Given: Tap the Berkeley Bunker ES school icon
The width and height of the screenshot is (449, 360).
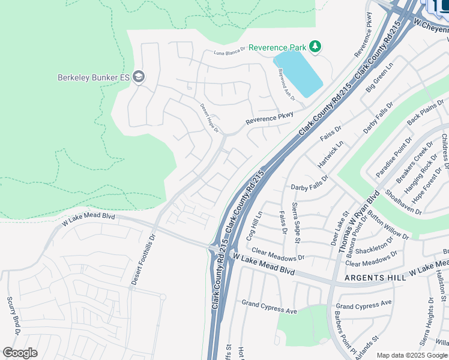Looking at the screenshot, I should click(x=139, y=77).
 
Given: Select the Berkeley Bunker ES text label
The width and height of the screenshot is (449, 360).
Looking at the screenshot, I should click(x=94, y=77).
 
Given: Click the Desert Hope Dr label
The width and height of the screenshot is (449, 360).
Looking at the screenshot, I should click(x=210, y=118).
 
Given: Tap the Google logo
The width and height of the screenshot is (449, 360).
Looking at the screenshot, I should click(x=20, y=353).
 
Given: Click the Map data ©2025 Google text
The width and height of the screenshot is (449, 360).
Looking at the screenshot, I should click(x=411, y=355).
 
